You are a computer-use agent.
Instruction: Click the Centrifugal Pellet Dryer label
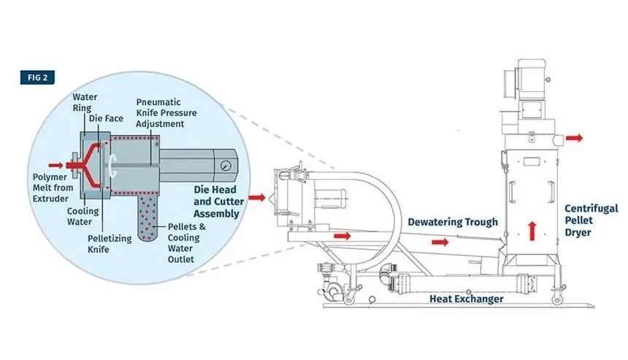(588, 221)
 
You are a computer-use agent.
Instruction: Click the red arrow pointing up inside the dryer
(532, 229)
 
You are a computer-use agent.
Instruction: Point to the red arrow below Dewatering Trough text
(441, 241)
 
